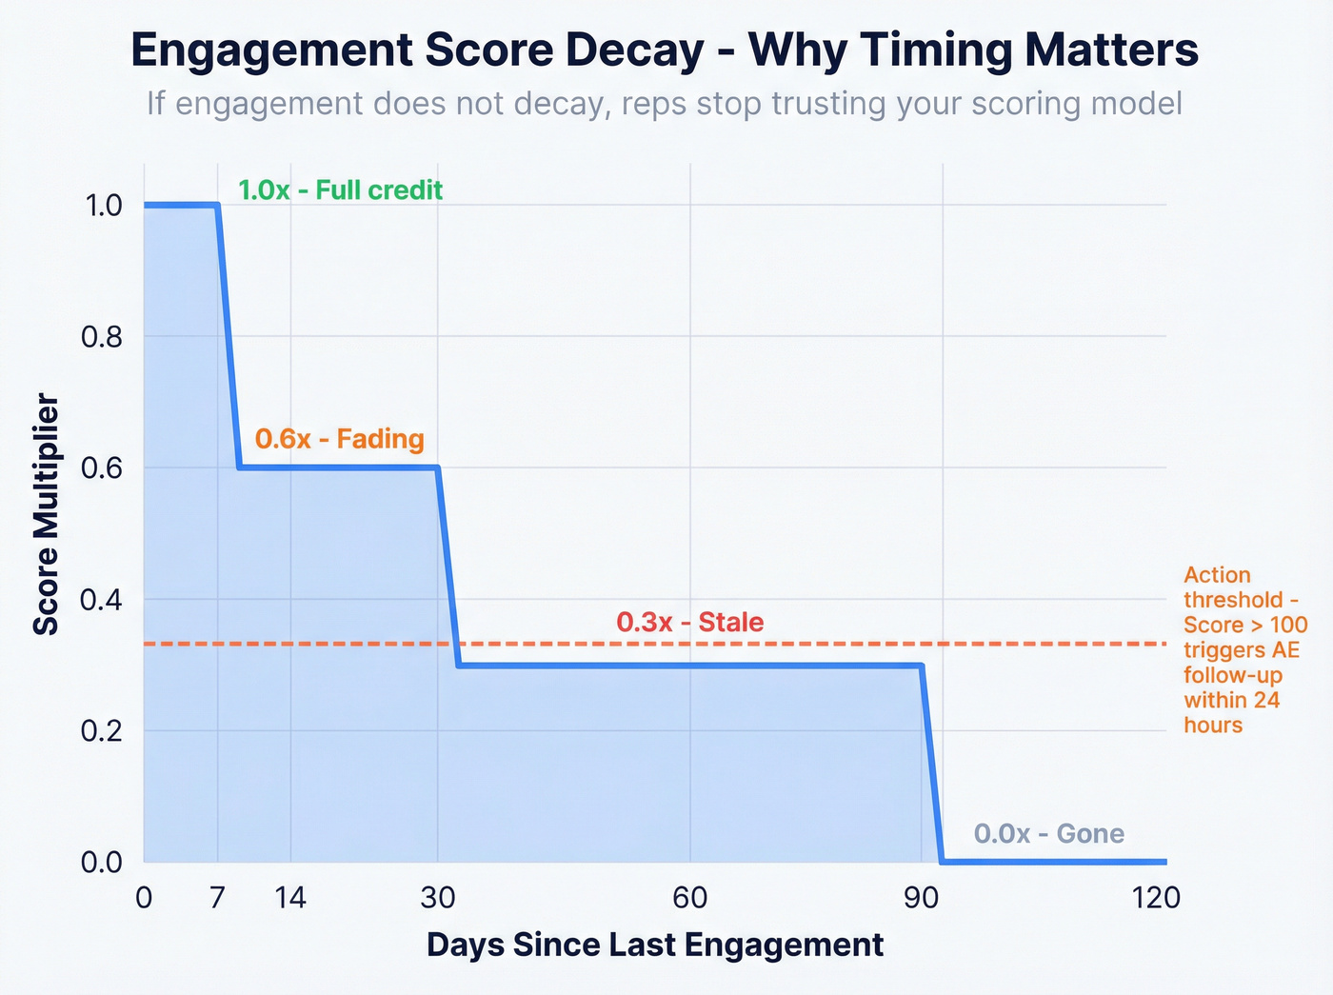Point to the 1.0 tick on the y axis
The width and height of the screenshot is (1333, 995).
[104, 206]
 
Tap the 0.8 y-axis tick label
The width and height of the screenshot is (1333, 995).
[104, 337]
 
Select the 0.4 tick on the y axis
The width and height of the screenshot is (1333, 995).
[104, 600]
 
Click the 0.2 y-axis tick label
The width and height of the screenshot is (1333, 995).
[104, 731]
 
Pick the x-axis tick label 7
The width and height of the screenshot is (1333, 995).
[218, 898]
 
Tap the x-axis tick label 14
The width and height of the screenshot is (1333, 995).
[290, 898]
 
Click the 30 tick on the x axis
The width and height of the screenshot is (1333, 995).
[438, 898]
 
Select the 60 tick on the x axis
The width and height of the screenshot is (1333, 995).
[689, 898]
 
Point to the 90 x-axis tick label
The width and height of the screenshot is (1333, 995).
[922, 898]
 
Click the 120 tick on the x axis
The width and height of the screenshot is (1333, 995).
[1157, 898]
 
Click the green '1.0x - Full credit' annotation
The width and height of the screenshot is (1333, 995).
[340, 190]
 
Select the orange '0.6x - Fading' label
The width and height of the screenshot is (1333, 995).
[339, 439]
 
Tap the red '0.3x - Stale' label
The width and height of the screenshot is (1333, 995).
[689, 623]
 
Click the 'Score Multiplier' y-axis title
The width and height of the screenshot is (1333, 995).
[47, 514]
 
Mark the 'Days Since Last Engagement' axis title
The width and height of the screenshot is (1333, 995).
[655, 945]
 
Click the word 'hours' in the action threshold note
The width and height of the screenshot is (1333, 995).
[1212, 726]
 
